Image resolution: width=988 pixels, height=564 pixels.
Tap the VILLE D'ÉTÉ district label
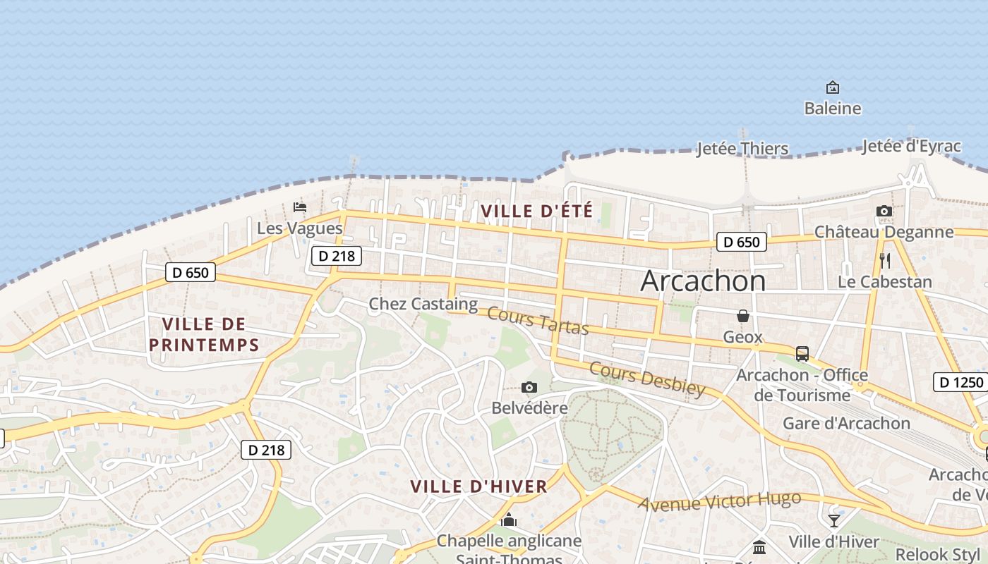[536, 210]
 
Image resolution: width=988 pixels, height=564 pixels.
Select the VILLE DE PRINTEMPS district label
[210, 334]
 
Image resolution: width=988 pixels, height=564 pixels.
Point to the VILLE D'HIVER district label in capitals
[478, 486]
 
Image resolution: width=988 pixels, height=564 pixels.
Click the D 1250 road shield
[960, 383]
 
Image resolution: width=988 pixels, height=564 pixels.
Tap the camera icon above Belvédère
[529, 387]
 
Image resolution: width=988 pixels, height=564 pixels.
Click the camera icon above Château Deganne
[884, 211]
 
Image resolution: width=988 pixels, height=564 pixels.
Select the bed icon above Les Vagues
[300, 207]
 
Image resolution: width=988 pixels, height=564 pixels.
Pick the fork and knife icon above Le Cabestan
[885, 261]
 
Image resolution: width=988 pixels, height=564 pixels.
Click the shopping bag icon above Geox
[742, 316]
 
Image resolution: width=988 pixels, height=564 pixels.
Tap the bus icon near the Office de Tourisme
[802, 353]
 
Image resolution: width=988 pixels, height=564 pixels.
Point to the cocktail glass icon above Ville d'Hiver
[833, 520]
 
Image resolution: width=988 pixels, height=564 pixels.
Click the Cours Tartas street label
[538, 321]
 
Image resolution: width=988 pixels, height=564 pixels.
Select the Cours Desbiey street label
[646, 379]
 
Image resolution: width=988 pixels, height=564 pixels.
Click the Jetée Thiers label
[742, 149]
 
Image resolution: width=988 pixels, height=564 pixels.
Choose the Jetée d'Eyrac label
[911, 147]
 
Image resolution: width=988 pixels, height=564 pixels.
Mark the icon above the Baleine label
[833, 87]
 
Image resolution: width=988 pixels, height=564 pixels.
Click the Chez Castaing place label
[423, 304]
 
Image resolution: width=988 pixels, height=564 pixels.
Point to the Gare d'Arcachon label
[846, 423]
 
